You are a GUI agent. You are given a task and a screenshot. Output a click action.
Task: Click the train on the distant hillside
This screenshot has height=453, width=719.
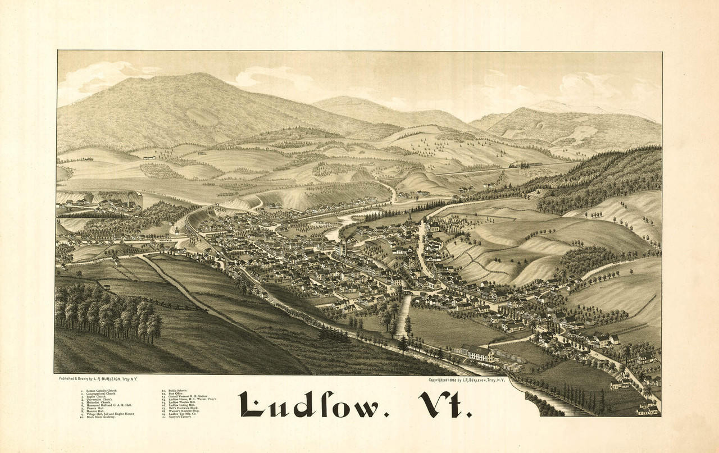(x=525, y=165)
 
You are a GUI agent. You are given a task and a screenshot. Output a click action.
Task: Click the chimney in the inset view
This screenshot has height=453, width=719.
(x=130, y=199)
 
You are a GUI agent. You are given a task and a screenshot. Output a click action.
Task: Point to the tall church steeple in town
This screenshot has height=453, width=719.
(x=411, y=217)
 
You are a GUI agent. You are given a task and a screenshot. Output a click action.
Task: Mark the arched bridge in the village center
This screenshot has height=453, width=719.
(x=414, y=292)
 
